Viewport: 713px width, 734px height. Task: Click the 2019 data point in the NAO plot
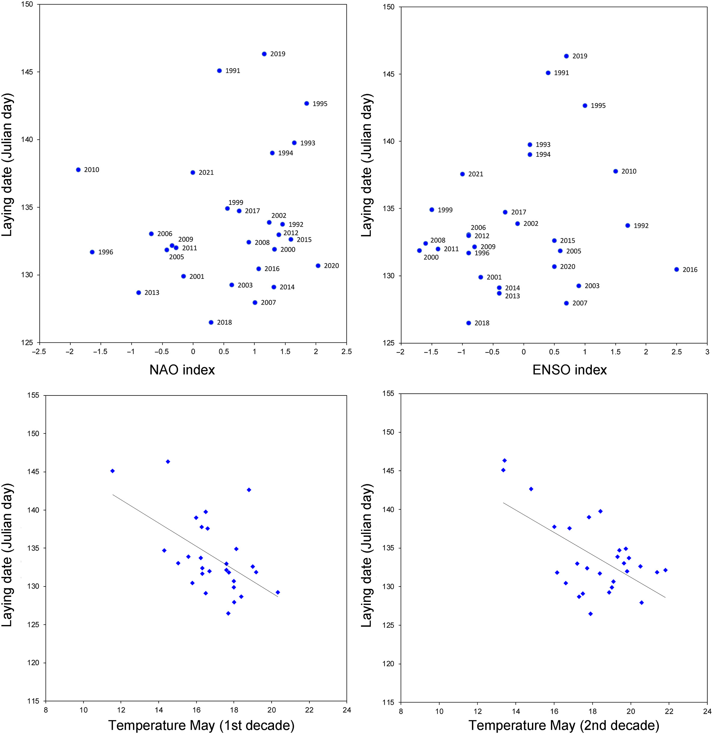pyautogui.click(x=264, y=54)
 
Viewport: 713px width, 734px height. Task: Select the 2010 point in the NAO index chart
pyautogui.click(x=78, y=170)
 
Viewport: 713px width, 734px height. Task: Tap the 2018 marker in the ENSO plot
pyautogui.click(x=469, y=323)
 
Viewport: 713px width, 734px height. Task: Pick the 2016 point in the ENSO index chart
pyautogui.click(x=677, y=269)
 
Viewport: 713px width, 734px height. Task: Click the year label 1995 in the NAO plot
pyautogui.click(x=320, y=104)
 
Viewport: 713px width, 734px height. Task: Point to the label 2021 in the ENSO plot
pyautogui.click(x=475, y=174)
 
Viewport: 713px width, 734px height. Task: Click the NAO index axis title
pyautogui.click(x=182, y=370)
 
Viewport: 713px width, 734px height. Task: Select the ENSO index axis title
pyautogui.click(x=570, y=370)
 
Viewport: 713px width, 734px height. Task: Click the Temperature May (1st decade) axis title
pyautogui.click(x=201, y=725)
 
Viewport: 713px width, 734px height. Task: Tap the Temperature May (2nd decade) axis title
pyautogui.click(x=564, y=725)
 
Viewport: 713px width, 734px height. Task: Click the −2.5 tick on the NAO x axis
pyautogui.click(x=39, y=352)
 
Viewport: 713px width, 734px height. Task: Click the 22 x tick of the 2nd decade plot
pyautogui.click(x=669, y=711)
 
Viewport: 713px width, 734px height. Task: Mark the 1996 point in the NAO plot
pyautogui.click(x=92, y=252)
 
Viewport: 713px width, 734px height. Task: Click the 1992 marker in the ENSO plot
pyautogui.click(x=628, y=226)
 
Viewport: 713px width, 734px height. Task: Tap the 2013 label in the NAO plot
pyautogui.click(x=152, y=293)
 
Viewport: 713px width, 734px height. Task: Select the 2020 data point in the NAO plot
pyautogui.click(x=318, y=266)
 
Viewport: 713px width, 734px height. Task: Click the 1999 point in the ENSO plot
pyautogui.click(x=432, y=210)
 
